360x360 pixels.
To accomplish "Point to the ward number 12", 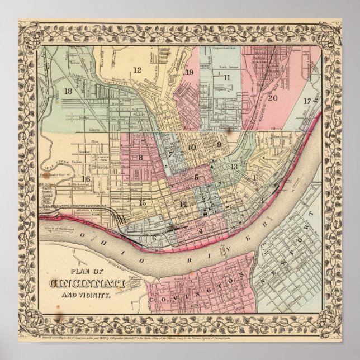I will point(136,70).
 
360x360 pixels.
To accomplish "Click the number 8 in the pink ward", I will point(141,158).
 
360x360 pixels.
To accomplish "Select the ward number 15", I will point(143,202).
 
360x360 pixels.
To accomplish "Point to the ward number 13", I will point(235,167).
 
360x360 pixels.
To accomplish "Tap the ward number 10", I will point(192,148).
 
